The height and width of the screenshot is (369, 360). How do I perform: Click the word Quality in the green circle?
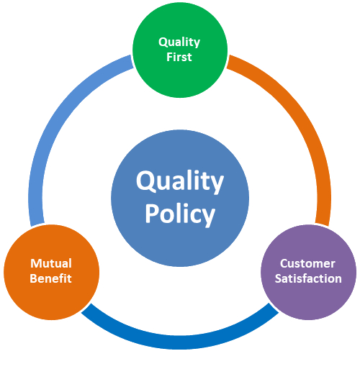[179, 42]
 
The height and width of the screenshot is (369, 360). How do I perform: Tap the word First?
[179, 57]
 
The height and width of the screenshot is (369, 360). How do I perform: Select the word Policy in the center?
[180, 214]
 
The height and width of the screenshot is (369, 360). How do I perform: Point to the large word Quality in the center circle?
[180, 181]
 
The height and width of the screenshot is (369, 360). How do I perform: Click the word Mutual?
[51, 263]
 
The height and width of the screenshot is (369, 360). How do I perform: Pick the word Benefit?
[50, 278]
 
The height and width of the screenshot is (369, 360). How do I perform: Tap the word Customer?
[307, 263]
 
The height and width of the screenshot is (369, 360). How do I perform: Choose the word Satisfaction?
[308, 278]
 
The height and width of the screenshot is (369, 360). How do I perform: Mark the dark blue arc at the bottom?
[180, 342]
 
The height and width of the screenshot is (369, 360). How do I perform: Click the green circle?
[180, 50]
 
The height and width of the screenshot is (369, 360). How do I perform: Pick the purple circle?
[308, 272]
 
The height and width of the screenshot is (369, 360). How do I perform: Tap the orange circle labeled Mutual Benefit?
[51, 272]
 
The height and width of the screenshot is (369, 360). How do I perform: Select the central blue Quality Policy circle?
[180, 198]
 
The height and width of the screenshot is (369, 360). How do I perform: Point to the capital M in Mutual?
[35, 263]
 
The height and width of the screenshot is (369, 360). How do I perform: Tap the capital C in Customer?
[284, 263]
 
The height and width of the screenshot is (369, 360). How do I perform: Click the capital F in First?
[170, 57]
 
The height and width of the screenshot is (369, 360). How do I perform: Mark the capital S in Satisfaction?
[279, 279]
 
